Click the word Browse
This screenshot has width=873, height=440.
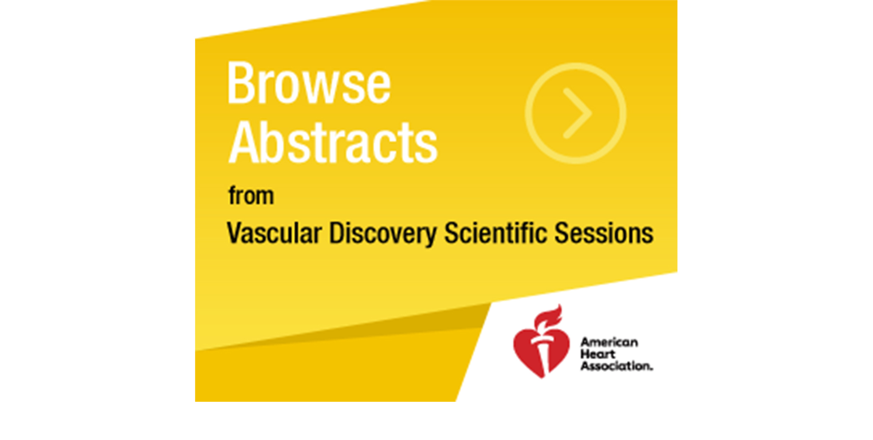[x=309, y=83]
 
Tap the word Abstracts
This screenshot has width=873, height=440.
[x=333, y=142]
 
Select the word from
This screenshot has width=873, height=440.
[x=251, y=196]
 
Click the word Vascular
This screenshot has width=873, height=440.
[x=274, y=233]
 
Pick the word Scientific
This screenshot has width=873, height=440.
[x=495, y=233]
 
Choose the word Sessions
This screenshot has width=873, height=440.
[x=604, y=233]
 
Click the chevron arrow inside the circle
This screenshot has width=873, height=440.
[x=577, y=113]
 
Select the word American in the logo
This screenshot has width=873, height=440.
[x=609, y=342]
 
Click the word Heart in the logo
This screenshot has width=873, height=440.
[x=598, y=354]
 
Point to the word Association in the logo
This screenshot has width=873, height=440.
[x=615, y=366]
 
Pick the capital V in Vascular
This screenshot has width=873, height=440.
[x=234, y=233]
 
